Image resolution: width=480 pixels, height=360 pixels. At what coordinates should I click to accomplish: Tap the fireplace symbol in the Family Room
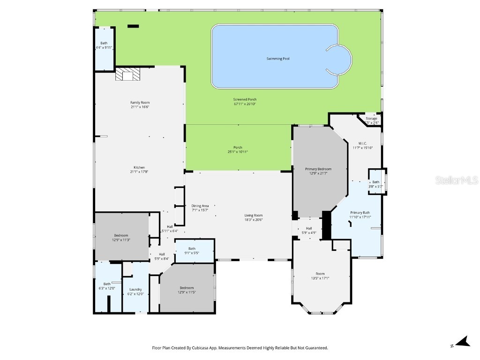[x=127, y=74]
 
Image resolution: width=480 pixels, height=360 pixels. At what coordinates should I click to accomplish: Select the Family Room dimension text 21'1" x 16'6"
[x=140, y=107]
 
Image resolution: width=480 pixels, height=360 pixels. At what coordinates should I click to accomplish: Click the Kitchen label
[x=139, y=167]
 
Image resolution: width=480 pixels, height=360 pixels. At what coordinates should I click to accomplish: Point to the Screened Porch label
[x=245, y=99]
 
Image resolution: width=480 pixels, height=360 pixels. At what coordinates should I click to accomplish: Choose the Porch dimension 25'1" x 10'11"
[x=238, y=152]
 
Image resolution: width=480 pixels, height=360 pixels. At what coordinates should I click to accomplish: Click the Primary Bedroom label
[x=318, y=169]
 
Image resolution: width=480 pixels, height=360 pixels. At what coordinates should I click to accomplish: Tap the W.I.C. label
[x=362, y=143]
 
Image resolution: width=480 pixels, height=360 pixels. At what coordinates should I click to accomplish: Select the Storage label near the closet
[x=371, y=119]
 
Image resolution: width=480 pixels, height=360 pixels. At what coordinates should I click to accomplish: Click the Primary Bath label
[x=360, y=212]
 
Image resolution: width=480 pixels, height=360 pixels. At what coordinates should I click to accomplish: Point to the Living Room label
[x=253, y=215]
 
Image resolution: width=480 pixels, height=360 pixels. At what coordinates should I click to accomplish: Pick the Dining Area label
[x=200, y=205]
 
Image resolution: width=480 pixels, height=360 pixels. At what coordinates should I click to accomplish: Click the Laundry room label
[x=135, y=289]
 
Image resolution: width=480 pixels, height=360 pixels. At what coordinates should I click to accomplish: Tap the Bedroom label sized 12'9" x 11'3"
[x=121, y=235]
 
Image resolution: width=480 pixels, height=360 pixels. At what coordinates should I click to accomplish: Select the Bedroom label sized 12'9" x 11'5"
[x=186, y=288]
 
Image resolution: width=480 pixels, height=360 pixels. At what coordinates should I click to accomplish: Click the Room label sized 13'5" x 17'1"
[x=320, y=274]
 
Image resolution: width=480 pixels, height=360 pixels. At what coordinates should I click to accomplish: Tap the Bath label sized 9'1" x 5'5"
[x=192, y=248]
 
